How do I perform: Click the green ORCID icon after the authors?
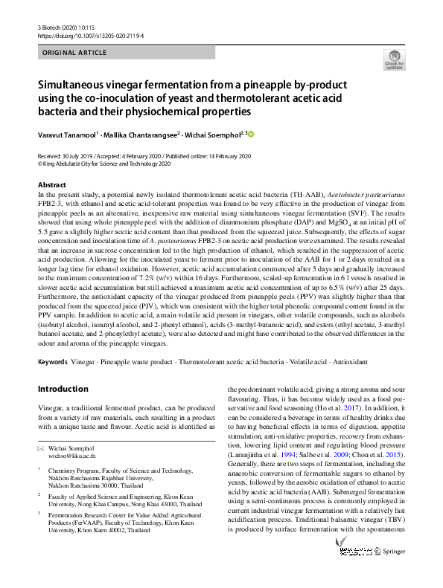tap(251, 134)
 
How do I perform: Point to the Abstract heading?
tap(51, 184)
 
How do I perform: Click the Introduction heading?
tap(63, 388)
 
